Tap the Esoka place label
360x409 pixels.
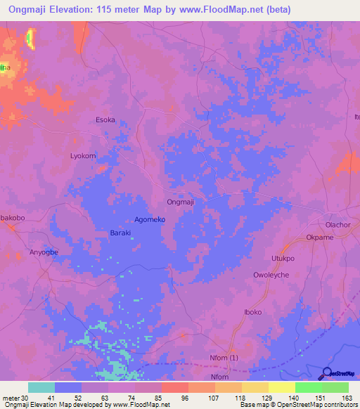(x=105, y=119)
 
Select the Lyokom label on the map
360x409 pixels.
(x=82, y=155)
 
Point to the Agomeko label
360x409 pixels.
(x=150, y=219)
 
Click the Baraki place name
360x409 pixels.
(x=120, y=233)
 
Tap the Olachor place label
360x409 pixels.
(x=337, y=225)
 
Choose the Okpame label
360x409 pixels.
(x=320, y=238)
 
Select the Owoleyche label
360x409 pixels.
(x=271, y=275)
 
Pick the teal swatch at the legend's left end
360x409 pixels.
(x=41, y=387)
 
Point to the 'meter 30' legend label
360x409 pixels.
(x=14, y=397)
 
